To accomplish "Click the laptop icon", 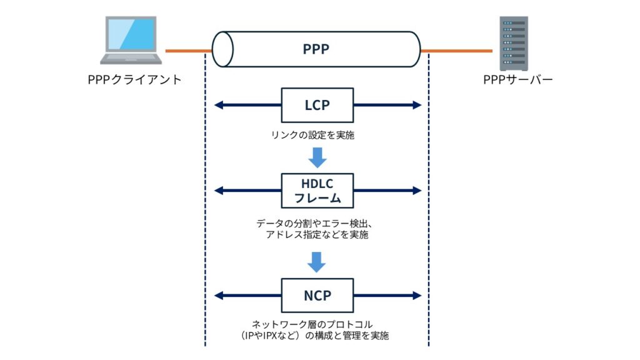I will click(132, 41).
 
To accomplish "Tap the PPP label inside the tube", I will click(316, 49).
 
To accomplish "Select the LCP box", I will click(317, 105).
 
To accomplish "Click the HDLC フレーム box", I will click(317, 191).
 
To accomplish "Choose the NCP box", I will click(317, 295).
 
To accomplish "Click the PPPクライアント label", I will click(134, 80).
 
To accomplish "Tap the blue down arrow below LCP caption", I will click(317, 157).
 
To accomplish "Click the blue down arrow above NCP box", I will click(317, 262).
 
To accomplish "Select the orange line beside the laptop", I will click(187, 50).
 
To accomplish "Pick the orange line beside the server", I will click(456, 50).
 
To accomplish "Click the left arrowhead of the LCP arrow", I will click(218, 105).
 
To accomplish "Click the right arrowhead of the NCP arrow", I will click(417, 295).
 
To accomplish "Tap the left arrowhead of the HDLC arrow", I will click(218, 191).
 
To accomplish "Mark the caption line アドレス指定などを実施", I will click(317, 236).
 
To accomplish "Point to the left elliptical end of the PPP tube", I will click(222, 49).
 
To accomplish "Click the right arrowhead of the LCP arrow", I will click(417, 105).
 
